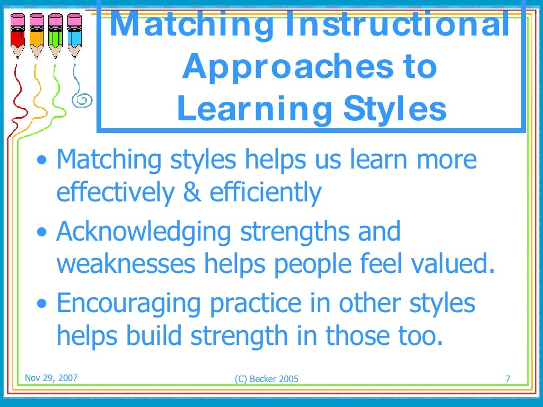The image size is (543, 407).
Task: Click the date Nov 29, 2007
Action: pyautogui.click(x=51, y=378)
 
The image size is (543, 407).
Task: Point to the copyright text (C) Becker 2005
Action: pyautogui.click(x=266, y=378)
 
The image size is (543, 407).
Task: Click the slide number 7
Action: pyautogui.click(x=507, y=378)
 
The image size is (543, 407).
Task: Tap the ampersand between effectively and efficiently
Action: pyautogui.click(x=191, y=192)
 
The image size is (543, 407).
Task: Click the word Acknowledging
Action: pyautogui.click(x=144, y=232)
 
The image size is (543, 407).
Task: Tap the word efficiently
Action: pyautogui.click(x=266, y=192)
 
